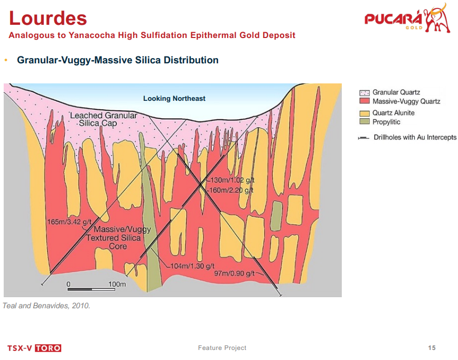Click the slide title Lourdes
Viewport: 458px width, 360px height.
pos(48,18)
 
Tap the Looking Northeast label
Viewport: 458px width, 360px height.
pos(174,99)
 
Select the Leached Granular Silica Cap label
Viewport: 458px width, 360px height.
pos(104,119)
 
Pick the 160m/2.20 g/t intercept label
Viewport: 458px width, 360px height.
pos(230,190)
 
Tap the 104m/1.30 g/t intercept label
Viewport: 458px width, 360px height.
pos(192,266)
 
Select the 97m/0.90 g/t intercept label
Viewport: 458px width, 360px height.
pos(235,273)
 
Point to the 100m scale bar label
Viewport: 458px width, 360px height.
pos(117,284)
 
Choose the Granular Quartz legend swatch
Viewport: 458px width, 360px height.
pos(364,93)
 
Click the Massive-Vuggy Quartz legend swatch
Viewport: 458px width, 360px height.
pos(364,101)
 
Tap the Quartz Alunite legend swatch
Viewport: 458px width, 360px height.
pos(364,113)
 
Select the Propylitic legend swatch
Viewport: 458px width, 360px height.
pos(364,122)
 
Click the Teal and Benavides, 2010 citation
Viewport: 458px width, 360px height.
pos(46,306)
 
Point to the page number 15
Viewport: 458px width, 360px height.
pos(432,348)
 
